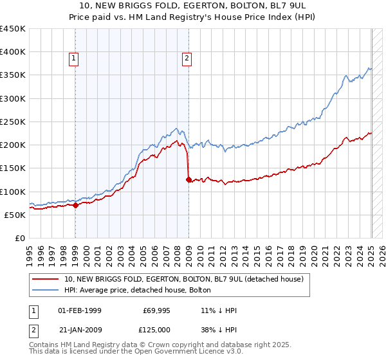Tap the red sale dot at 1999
[75, 206]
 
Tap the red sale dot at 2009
[188, 180]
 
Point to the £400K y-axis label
[13, 52]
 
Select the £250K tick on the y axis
[13, 122]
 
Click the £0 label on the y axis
[19, 238]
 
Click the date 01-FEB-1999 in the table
[80, 311]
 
